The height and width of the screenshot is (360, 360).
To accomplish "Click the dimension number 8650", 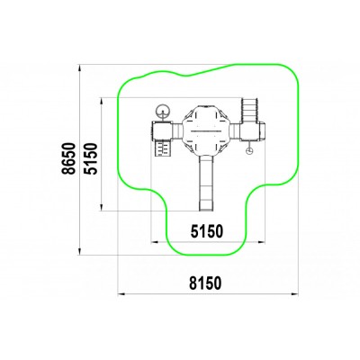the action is [68, 158].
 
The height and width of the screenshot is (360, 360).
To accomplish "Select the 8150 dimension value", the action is [205, 283].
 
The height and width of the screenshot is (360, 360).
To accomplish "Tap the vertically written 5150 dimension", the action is [91, 158].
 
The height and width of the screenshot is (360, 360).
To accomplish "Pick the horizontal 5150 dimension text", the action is [207, 231].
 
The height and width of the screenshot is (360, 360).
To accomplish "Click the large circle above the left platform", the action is [163, 111].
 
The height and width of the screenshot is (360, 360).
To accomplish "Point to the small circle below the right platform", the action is [249, 151].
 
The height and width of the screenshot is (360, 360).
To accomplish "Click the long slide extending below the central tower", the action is [207, 182].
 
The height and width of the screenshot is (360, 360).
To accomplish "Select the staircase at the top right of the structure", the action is [249, 111].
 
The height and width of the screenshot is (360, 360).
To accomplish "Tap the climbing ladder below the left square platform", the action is [162, 148].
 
